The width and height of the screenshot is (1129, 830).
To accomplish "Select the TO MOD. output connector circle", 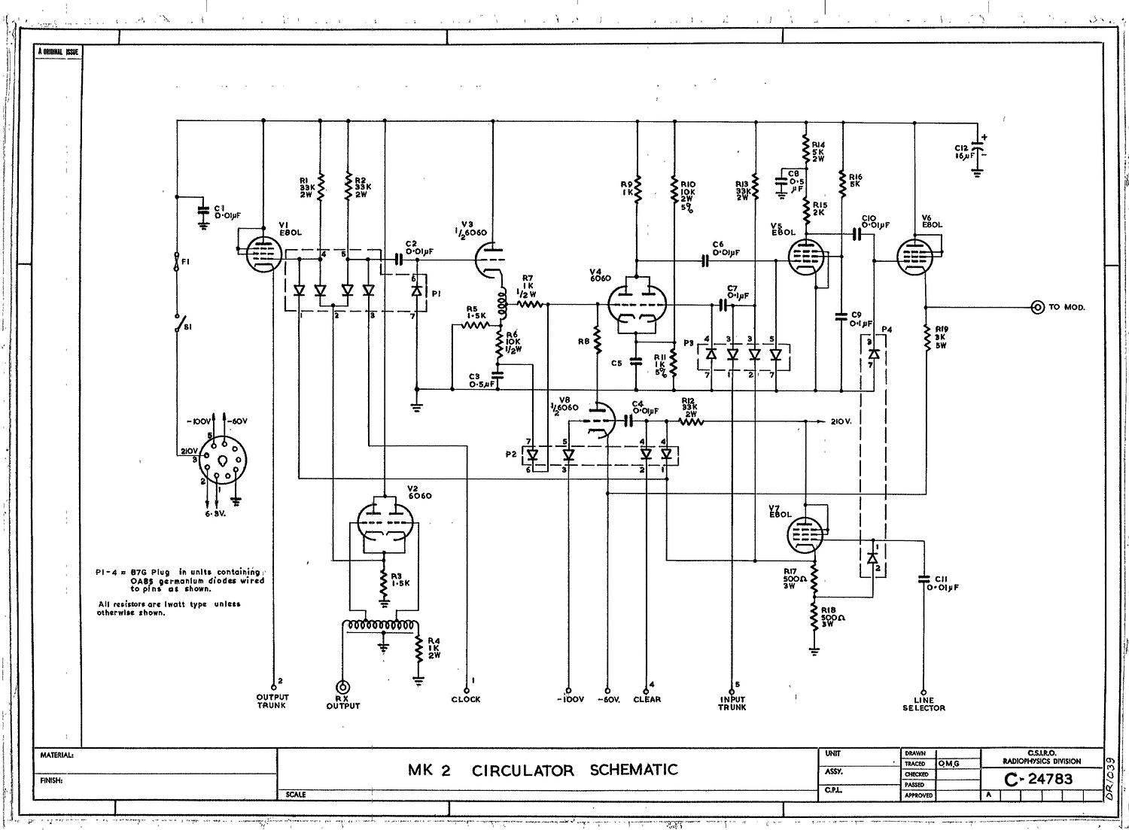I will pos(1037,307).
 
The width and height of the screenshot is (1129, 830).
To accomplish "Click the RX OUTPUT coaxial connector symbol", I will pos(343,686).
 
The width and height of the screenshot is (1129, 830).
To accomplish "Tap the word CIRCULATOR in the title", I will pos(522,770).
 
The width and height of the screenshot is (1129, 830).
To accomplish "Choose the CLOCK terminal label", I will pos(466,699).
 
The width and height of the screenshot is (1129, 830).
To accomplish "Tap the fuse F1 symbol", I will pos(178,260).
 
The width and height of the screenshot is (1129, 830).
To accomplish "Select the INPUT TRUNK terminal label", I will pos(732,703).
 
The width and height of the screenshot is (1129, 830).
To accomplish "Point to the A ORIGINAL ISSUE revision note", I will pos(58,52).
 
